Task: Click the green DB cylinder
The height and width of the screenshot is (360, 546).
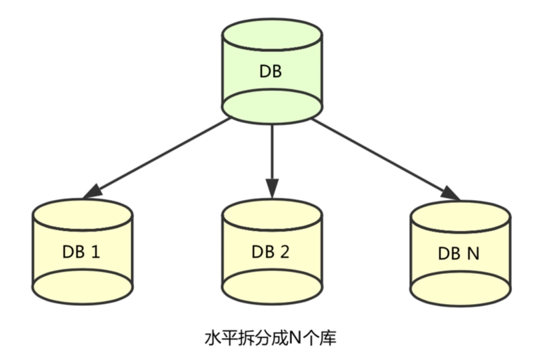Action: (272, 71)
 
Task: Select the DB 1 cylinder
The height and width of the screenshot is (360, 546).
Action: (83, 251)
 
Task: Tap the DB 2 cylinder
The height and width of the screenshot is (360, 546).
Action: (272, 251)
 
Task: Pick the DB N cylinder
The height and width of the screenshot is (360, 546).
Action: (460, 253)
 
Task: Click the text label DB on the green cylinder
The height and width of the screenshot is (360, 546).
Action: (270, 71)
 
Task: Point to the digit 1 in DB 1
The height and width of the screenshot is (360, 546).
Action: (95, 251)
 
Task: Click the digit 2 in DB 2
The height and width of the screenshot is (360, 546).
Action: (285, 251)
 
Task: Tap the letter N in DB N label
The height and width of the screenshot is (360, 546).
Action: (473, 253)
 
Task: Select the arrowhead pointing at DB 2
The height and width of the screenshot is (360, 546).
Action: (272, 188)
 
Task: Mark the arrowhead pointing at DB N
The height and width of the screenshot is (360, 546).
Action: (451, 193)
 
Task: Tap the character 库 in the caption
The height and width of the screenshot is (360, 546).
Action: (328, 337)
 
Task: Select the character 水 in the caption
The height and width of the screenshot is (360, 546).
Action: (213, 338)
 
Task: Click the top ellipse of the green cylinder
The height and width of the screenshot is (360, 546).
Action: (272, 35)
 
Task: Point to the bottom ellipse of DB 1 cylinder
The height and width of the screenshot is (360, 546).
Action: (83, 287)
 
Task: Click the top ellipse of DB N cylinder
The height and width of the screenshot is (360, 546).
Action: (460, 217)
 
